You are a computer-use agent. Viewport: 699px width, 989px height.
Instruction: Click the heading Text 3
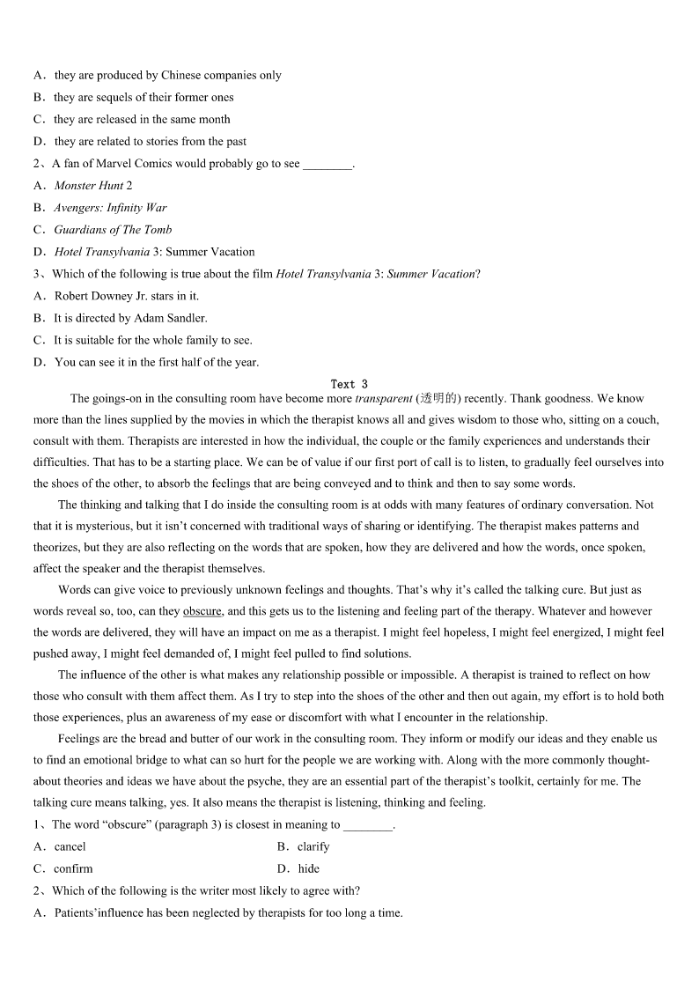pos(349,384)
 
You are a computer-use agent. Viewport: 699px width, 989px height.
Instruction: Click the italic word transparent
pos(384,399)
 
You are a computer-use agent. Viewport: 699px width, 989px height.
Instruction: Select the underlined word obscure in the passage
pos(202,611)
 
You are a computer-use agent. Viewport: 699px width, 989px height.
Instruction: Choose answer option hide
pos(308,868)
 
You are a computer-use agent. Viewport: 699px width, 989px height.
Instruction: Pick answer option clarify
pos(313,846)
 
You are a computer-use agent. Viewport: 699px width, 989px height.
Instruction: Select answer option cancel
pos(70,846)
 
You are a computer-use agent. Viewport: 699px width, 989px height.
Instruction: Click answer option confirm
pos(73,868)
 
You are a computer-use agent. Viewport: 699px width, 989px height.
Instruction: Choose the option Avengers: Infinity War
pos(110,208)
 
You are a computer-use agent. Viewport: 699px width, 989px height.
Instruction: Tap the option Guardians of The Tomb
pos(113,230)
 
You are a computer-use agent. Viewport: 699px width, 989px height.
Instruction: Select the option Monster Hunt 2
pos(92,186)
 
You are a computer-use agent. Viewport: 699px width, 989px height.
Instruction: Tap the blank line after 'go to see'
pos(327,165)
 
